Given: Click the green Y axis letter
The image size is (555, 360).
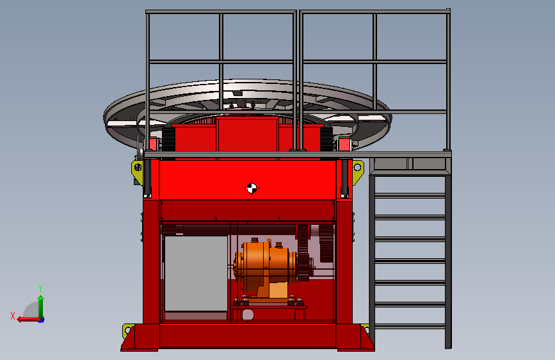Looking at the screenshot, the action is tap(40, 288).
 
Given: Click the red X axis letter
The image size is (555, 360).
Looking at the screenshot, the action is tap(13, 316).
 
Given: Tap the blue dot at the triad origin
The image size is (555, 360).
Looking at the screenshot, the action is tap(42, 320).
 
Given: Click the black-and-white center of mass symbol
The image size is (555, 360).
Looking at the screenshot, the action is tap(252, 188).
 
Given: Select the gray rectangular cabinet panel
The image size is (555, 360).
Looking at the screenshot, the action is tap(196, 274).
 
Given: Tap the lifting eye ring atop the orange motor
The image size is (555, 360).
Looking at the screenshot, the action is tap(269, 241).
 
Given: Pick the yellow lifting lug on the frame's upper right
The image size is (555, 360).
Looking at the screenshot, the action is tap(357, 171).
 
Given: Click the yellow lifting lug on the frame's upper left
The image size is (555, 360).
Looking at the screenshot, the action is tap(138, 172).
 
